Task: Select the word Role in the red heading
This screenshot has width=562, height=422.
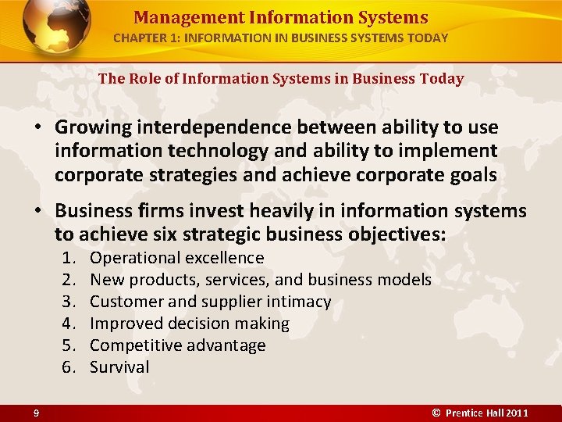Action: (x=140, y=79)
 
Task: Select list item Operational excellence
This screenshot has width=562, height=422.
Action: (x=177, y=258)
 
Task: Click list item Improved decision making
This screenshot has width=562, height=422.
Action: (x=190, y=324)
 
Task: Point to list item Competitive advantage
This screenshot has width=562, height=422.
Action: (x=178, y=345)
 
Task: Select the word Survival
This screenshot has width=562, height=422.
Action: (x=119, y=367)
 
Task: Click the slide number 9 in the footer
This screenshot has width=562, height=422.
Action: (x=37, y=413)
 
